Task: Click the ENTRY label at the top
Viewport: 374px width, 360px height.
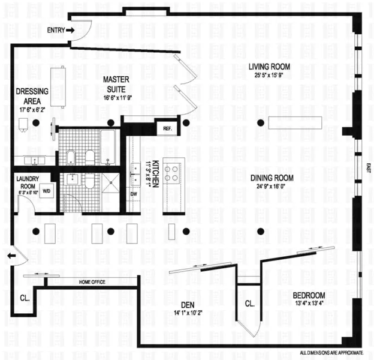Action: point(56,29)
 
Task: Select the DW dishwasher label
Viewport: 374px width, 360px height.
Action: point(134,194)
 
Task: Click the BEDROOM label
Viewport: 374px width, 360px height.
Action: point(309,295)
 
